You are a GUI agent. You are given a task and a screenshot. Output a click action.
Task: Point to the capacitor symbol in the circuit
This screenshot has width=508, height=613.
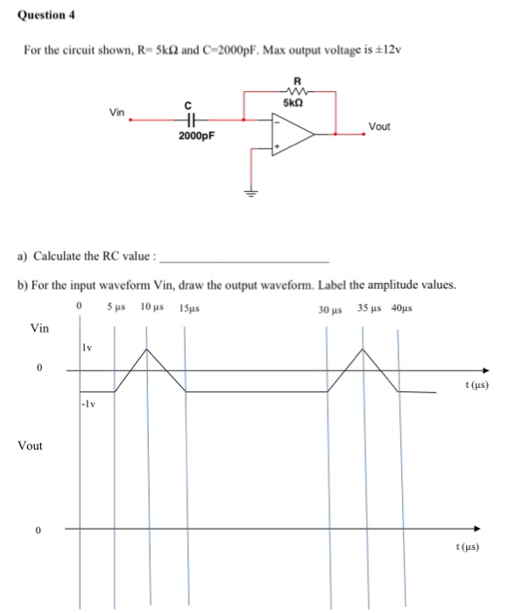[187, 122]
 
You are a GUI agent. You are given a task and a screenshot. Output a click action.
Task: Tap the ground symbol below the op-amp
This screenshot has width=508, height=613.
[250, 194]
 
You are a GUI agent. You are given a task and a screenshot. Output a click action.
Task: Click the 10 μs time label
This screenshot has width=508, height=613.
[152, 307]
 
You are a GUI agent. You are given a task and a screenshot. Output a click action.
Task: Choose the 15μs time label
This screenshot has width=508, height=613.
[188, 308]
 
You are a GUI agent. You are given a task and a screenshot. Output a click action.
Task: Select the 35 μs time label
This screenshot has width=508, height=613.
[369, 307]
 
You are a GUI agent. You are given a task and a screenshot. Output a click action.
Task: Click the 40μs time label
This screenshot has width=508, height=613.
[402, 307]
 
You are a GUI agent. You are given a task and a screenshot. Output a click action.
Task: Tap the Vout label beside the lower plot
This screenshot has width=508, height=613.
[31, 446]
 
